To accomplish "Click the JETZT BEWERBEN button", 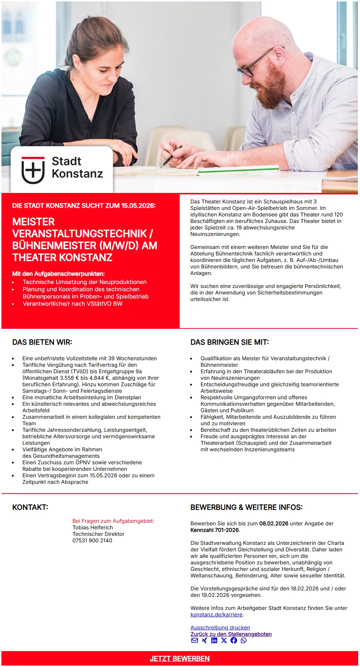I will pos(180,658).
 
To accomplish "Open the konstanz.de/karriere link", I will pos(216,614).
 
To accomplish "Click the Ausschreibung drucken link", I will pos(220,627).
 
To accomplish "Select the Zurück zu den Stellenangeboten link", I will pos(231,634).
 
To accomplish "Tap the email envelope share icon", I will pos(194,640).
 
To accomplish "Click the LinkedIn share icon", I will pos(214,640).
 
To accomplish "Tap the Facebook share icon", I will pos(233,640).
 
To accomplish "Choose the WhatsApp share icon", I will pos(244,640).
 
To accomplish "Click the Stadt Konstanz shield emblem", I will pos(33,170).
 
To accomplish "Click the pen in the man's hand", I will pos(171,156).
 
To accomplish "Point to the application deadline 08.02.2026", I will pos(274,523).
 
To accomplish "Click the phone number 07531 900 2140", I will pos(92,540).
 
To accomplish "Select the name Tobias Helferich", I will pos(93,527).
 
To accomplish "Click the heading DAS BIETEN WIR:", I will pos(42,342).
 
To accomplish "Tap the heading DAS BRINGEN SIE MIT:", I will pos(230,342).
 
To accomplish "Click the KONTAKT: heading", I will pos(30,507).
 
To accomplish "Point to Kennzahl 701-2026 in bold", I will pos(215,530).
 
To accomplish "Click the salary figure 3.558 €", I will pos(67,378).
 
